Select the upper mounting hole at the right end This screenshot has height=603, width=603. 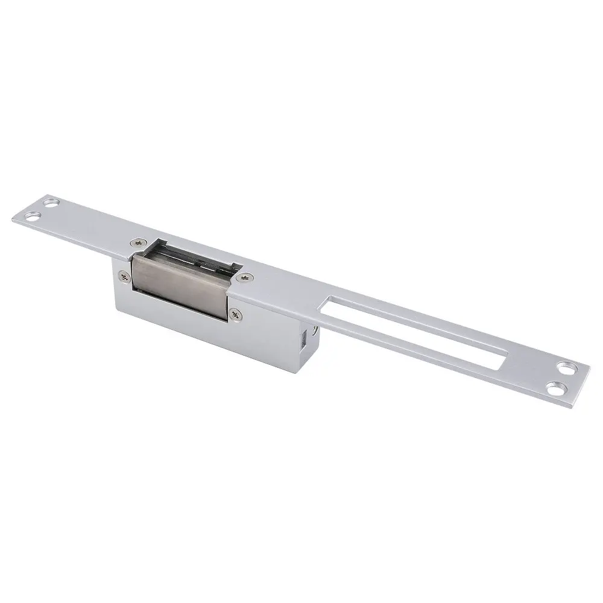tap(566, 365)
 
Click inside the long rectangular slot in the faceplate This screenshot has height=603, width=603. tap(416, 329)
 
